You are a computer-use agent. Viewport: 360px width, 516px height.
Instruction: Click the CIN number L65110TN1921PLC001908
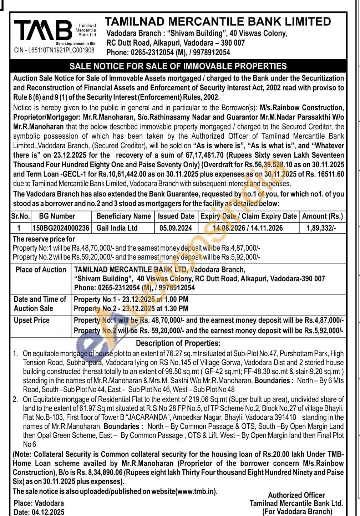(54, 50)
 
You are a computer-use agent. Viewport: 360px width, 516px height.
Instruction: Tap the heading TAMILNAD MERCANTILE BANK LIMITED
(218, 21)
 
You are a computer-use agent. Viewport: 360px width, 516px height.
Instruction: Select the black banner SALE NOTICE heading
(178, 66)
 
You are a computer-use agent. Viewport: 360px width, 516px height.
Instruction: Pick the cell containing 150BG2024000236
(61, 228)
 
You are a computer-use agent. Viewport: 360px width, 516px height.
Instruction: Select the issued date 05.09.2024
(176, 228)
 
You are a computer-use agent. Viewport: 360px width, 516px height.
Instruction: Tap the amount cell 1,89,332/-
(321, 228)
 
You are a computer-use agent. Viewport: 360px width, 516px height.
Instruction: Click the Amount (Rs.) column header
(322, 216)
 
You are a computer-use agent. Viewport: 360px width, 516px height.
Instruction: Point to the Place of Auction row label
(41, 270)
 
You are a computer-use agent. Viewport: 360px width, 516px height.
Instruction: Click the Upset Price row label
(32, 320)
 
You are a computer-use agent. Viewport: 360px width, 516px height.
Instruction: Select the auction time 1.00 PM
(176, 299)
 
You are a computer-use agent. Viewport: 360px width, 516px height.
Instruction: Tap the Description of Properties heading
(178, 343)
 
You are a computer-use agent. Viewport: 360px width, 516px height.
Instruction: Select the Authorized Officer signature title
(296, 495)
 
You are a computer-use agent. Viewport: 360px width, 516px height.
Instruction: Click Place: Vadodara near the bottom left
(39, 503)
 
